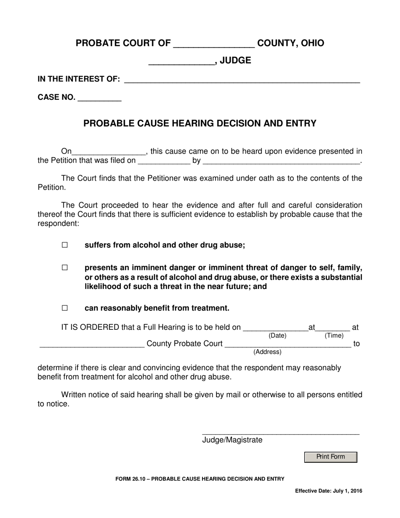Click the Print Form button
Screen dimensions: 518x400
pyautogui.click(x=331, y=457)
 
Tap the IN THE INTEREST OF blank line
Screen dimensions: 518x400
pyautogui.click(x=242, y=80)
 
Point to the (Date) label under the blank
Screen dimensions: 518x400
pyautogui.click(x=277, y=336)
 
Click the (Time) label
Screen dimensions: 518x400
pyautogui.click(x=334, y=336)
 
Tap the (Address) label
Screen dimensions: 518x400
pyautogui.click(x=267, y=352)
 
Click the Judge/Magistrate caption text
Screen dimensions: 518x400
pyautogui.click(x=232, y=440)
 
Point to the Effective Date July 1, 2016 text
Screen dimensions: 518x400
pyautogui.click(x=328, y=491)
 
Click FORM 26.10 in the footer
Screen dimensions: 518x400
pyautogui.click(x=130, y=479)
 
